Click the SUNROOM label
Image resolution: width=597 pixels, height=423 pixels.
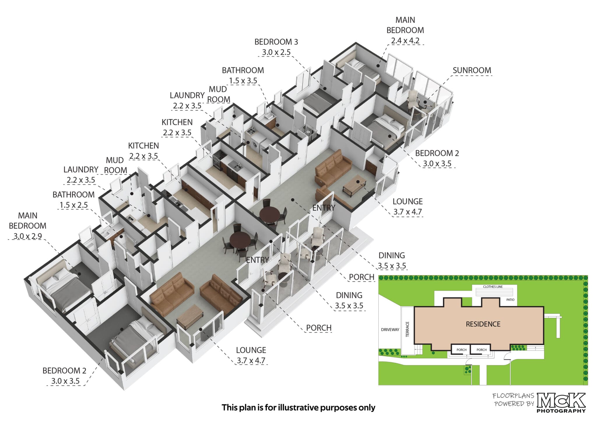472,70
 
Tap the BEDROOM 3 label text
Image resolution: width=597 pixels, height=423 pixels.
276,42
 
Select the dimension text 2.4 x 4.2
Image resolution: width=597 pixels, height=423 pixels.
405,41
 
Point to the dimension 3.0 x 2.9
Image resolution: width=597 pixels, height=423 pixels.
27,236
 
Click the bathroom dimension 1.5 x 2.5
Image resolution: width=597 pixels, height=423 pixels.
73,205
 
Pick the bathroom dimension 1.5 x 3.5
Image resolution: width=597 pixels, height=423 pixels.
243,81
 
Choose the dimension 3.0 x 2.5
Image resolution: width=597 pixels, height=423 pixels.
276,52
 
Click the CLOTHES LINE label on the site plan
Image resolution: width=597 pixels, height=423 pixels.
493,287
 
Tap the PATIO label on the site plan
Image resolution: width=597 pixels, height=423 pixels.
510,300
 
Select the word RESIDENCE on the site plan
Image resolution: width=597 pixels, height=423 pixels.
483,324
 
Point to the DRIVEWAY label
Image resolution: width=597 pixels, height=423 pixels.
390,330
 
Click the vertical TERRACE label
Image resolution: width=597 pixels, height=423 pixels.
408,329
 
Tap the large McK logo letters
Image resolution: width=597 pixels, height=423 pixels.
561,401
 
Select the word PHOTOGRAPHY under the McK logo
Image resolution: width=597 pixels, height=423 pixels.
561,411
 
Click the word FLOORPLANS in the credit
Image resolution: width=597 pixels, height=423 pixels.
513,396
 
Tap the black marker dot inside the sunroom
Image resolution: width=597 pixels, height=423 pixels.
425,102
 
